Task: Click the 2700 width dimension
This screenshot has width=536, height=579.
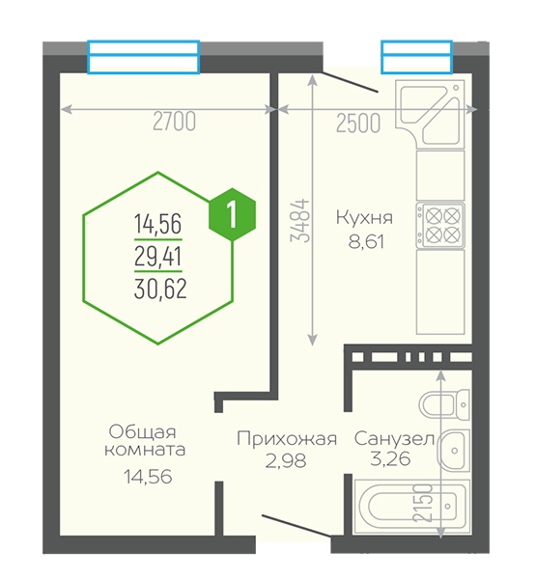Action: click(174, 122)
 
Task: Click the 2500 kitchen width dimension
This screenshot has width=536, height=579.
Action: click(358, 124)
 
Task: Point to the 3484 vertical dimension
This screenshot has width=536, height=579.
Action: click(299, 220)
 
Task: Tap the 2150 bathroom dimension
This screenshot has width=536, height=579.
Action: click(422, 503)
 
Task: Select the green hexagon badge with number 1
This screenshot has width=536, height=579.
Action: click(232, 214)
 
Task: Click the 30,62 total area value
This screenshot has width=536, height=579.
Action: click(160, 289)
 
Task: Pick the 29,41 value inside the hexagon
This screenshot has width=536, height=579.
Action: click(157, 257)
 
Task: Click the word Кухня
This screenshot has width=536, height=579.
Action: click(364, 217)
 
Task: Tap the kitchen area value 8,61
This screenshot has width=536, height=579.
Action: click(366, 242)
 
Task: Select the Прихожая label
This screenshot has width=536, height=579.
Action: click(287, 439)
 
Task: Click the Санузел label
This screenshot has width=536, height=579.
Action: click(394, 439)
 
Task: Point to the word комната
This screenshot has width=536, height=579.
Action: click(145, 450)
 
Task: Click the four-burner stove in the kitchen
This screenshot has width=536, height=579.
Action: click(439, 225)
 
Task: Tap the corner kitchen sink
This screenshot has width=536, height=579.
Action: click(429, 113)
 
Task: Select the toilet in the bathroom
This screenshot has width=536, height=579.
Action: click(444, 404)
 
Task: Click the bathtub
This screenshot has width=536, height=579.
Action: click(411, 507)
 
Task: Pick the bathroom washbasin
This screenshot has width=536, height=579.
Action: click(453, 450)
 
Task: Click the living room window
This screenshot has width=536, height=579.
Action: click(144, 57)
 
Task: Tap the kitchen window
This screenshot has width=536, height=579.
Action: click(416, 57)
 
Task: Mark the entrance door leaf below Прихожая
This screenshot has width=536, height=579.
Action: click(296, 525)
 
